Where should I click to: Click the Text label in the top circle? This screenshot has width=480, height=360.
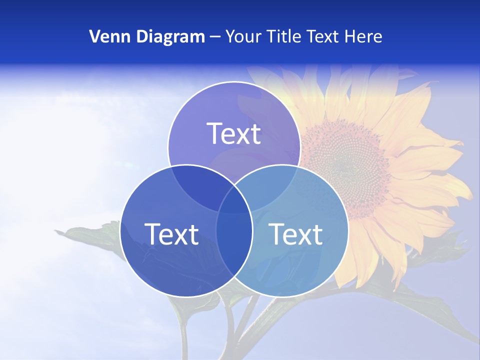[x=234, y=133]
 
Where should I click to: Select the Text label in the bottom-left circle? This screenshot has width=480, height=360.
[x=171, y=233]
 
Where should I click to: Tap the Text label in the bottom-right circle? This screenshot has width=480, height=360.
[x=295, y=233]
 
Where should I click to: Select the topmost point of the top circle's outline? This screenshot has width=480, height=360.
[x=234, y=82]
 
